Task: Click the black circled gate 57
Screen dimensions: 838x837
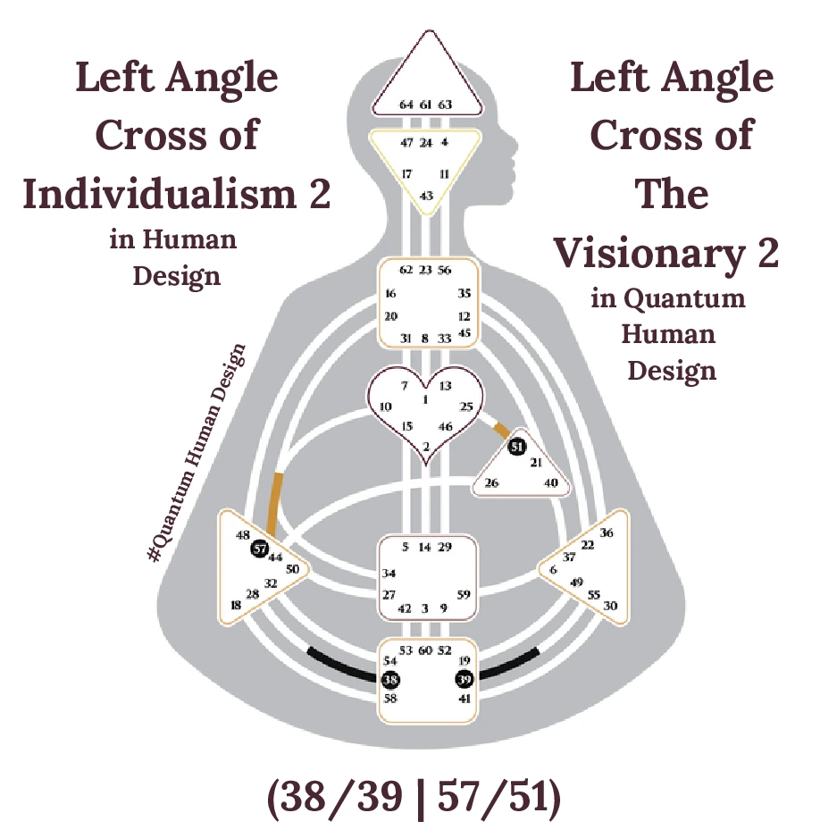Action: (260, 549)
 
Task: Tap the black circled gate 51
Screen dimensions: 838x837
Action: (516, 446)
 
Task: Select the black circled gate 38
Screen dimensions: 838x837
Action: (390, 679)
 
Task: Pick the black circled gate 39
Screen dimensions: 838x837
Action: (464, 679)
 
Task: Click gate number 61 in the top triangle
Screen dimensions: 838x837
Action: (426, 105)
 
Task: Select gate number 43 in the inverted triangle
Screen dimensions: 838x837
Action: (426, 196)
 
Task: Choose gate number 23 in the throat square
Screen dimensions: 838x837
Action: (426, 269)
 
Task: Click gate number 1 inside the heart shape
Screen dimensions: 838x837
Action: (426, 398)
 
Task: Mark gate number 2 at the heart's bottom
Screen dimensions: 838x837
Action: (426, 446)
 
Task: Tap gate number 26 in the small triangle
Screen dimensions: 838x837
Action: (491, 483)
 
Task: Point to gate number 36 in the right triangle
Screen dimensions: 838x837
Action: (607, 532)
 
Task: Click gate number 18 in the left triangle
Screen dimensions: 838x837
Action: (236, 605)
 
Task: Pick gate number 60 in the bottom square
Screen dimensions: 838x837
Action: (426, 649)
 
